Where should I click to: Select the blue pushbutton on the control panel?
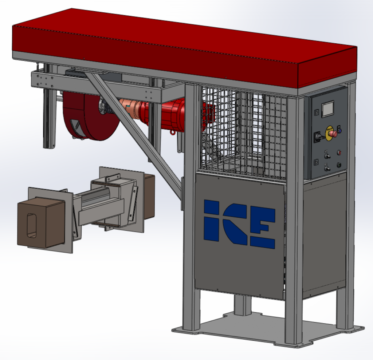[x=340, y=131]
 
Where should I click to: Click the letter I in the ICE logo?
[x=211, y=220]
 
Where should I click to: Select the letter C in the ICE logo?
[x=236, y=224]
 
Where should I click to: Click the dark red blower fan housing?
[x=90, y=116]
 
